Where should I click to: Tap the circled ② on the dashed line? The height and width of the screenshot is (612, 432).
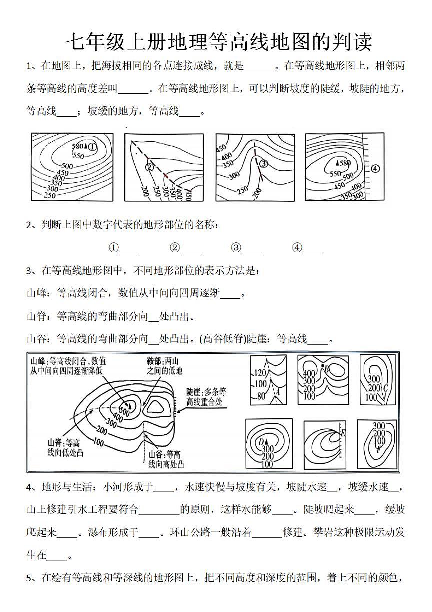pyautogui.click(x=148, y=167)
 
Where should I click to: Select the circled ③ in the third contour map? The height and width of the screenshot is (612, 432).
pyautogui.click(x=264, y=163)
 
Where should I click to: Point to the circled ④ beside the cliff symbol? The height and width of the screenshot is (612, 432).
pyautogui.click(x=375, y=168)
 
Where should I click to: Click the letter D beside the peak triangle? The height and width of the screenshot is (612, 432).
pyautogui.click(x=260, y=441)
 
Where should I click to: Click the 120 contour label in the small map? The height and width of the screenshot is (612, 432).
pyautogui.click(x=261, y=373)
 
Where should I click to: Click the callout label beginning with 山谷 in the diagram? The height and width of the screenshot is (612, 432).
pyautogui.click(x=166, y=459)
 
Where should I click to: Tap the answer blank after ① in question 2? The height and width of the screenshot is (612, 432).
pyautogui.click(x=129, y=248)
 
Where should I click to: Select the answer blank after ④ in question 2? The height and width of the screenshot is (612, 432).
pyautogui.click(x=313, y=248)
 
